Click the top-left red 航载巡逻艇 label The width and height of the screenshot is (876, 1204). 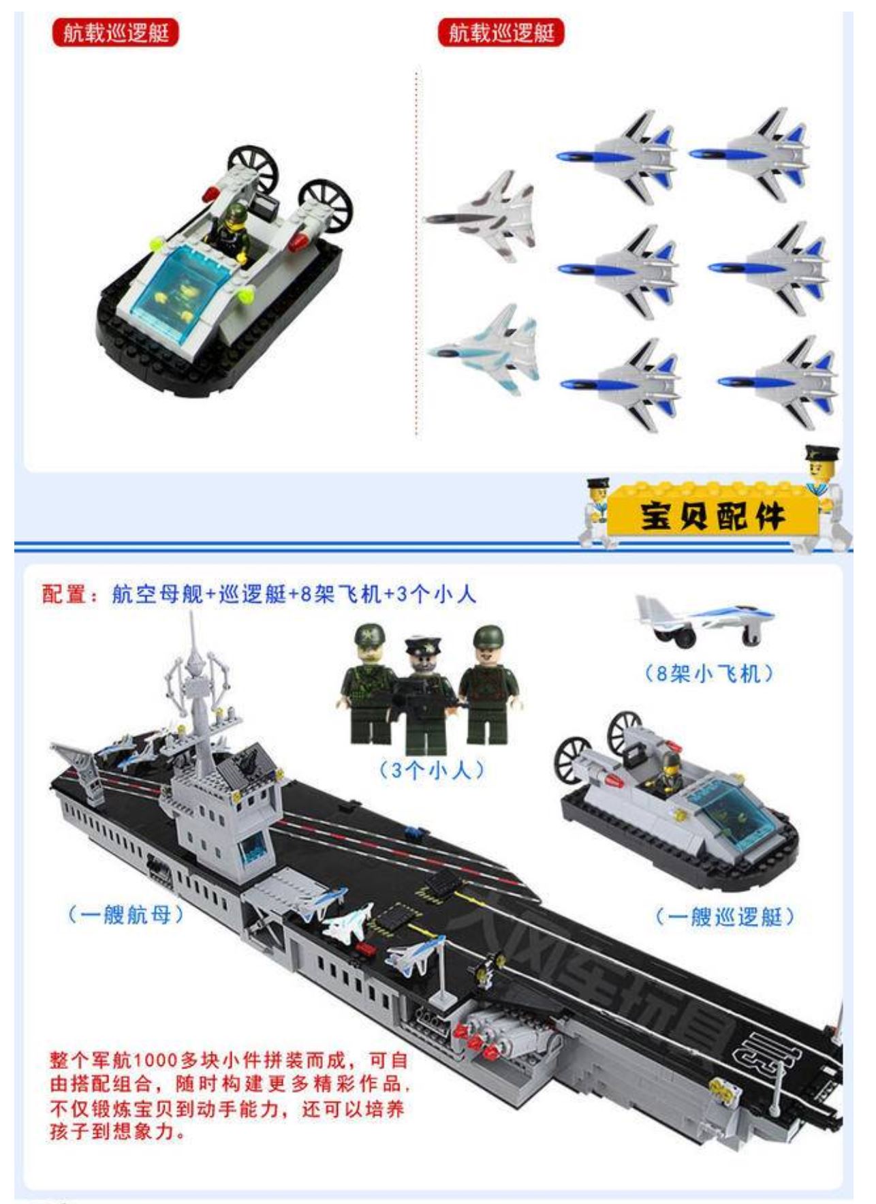point(115,33)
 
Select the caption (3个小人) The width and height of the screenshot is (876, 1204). point(431,770)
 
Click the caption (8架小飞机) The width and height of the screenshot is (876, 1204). point(709,674)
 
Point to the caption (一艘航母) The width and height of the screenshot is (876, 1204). point(126,914)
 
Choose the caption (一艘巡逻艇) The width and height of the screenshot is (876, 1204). point(725,916)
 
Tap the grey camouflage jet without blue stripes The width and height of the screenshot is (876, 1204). point(482,216)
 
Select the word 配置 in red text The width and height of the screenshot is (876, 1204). point(65,594)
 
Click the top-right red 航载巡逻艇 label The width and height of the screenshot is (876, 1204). point(501,33)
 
